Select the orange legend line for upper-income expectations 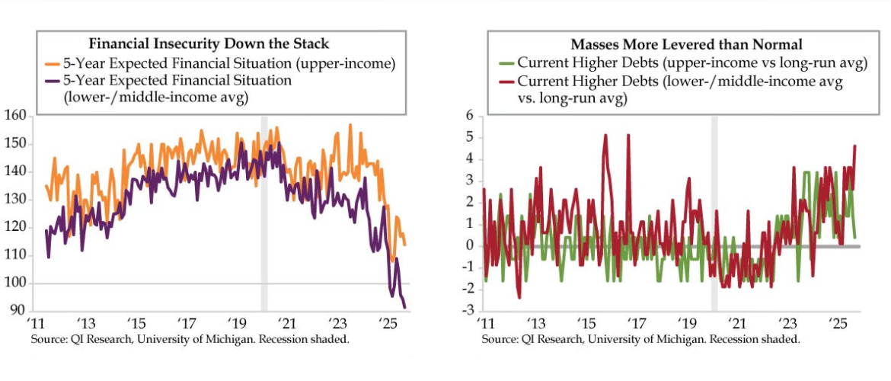click(x=51, y=63)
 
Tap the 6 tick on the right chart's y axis click(x=469, y=116)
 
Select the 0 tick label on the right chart click(x=469, y=246)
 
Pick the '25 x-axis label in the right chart click(x=838, y=322)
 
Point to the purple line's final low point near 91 click(x=404, y=307)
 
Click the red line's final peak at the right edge click(x=855, y=146)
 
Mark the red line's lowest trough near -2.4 click(x=519, y=297)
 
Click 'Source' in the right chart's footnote click(x=500, y=339)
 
